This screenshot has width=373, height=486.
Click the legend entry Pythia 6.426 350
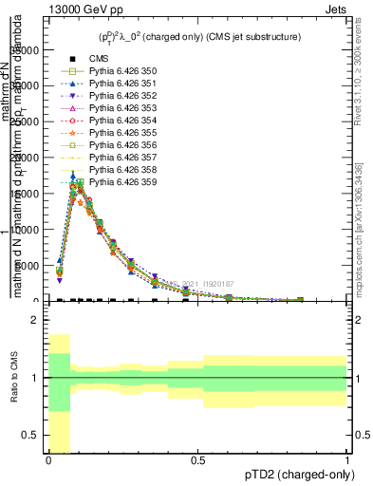click(x=118, y=71)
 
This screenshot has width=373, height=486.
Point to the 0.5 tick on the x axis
click(x=197, y=460)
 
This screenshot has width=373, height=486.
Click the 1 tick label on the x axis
click(x=346, y=460)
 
